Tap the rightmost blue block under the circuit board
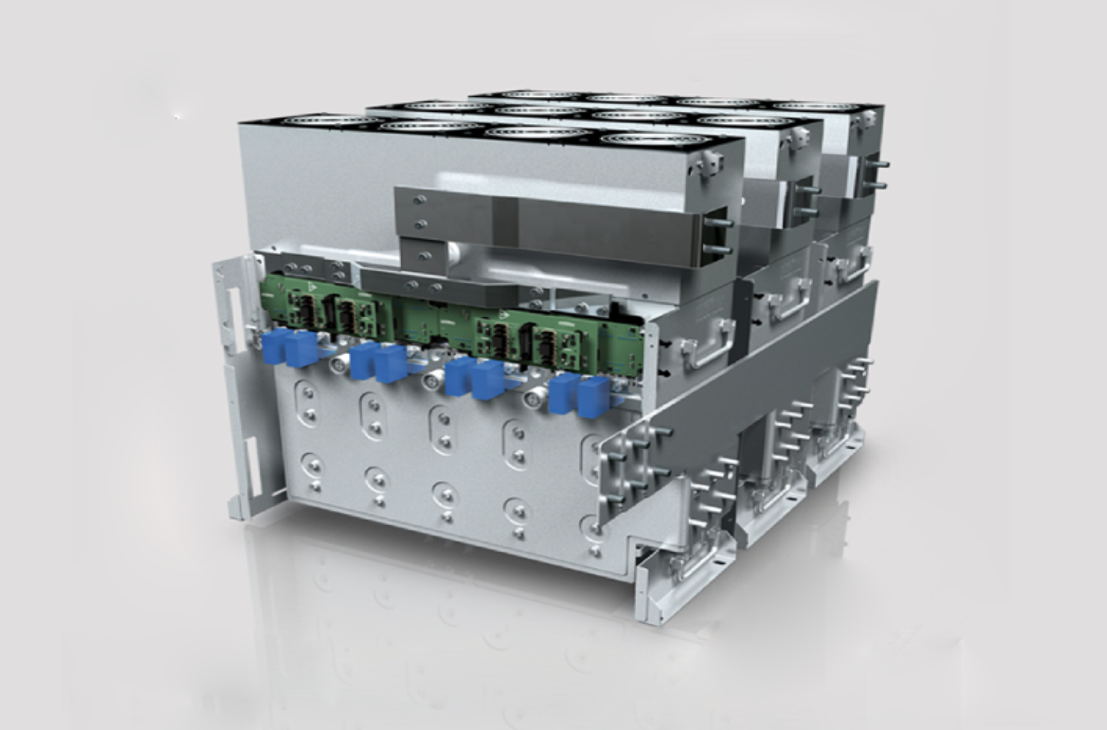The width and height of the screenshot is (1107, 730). coord(593,395)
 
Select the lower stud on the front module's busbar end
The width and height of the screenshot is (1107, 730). coord(720,248)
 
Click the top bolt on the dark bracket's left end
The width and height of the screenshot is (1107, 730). coord(419,200)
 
